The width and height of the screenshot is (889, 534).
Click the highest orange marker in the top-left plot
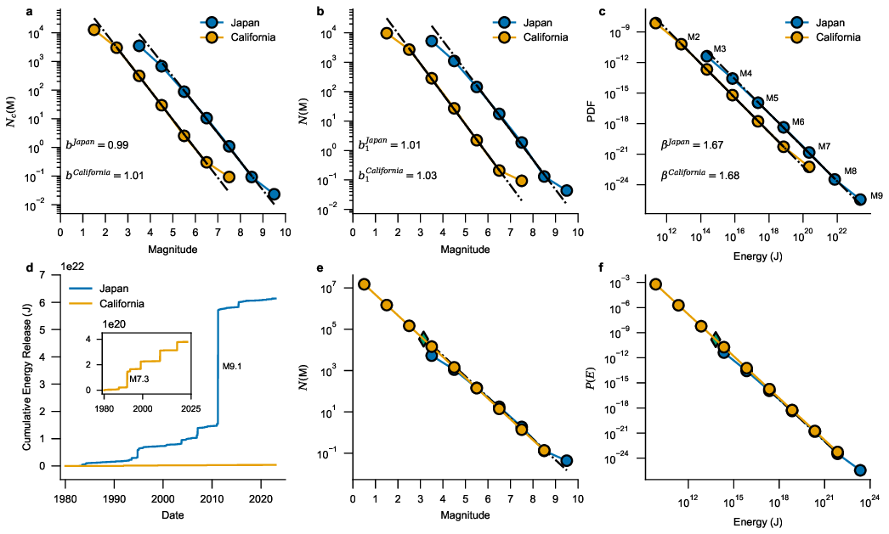tap(94, 30)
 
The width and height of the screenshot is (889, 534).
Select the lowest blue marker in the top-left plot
tap(274, 194)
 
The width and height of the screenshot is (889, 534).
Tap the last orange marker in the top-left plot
tap(229, 177)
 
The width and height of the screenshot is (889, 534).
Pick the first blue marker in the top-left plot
tap(139, 46)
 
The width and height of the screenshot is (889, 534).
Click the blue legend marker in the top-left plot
tap(212, 23)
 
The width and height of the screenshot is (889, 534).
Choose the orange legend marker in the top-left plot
tap(212, 37)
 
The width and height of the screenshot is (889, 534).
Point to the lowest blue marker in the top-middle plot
tap(566, 190)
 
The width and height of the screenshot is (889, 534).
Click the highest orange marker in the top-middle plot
tap(387, 33)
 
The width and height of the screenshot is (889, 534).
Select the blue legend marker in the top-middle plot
tap(504, 23)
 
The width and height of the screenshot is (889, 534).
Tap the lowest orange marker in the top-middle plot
tap(521, 180)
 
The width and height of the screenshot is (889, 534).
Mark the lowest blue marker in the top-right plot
tap(860, 200)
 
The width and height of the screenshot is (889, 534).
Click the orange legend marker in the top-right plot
tap(796, 37)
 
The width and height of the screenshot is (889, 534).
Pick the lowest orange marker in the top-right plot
tap(809, 166)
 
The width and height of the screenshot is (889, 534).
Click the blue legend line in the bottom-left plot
tap(81, 289)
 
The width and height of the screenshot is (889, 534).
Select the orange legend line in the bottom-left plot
tap(81, 303)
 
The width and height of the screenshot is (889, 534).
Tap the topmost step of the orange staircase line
tap(182, 342)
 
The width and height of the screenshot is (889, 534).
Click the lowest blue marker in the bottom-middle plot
tap(566, 460)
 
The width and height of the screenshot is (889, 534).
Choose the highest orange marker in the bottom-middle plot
tap(364, 284)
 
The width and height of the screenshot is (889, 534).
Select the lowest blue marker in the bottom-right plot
tap(860, 469)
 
